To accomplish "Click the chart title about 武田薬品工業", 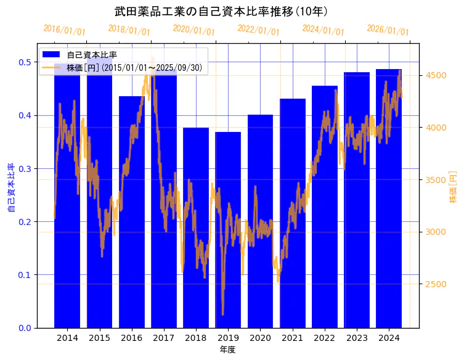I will [x=221, y=11].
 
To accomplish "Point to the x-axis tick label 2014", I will [x=67, y=338].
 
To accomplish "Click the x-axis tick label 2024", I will [x=389, y=338].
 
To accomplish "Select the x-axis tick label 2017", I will [x=164, y=338].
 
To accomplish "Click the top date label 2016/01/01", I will [x=65, y=30].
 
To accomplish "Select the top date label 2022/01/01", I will [x=258, y=30].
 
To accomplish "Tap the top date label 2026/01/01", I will [x=388, y=30].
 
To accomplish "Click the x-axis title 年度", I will [x=227, y=350].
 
